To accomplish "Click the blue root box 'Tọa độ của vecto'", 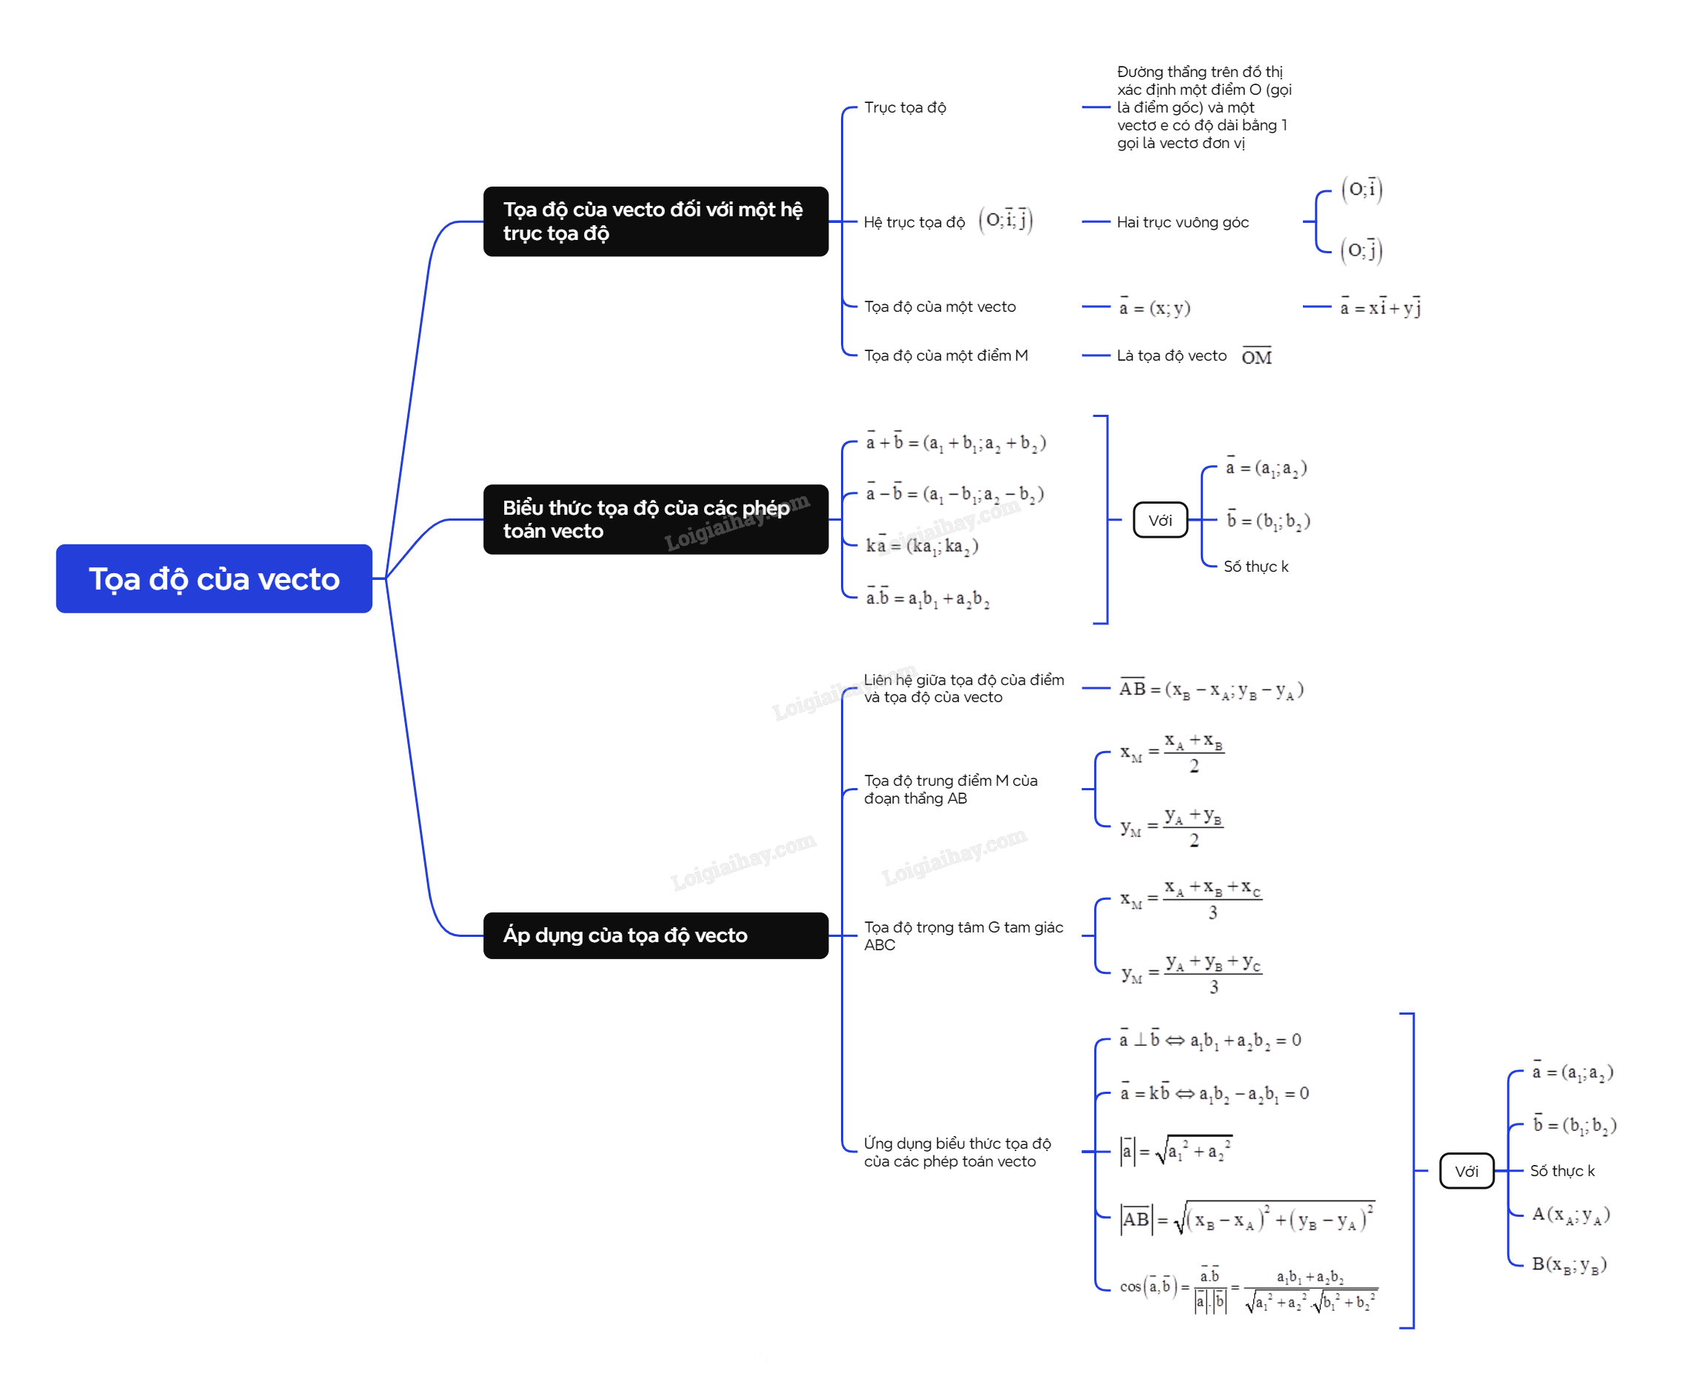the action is [214, 578].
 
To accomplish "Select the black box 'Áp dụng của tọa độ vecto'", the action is [656, 935].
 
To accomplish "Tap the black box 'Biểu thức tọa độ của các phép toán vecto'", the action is [656, 519].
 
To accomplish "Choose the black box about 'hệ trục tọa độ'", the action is [656, 221].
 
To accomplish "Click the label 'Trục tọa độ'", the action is [905, 107].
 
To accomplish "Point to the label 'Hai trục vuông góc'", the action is [1183, 221].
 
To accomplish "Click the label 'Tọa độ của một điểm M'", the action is [946, 355].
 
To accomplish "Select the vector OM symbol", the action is [1257, 356].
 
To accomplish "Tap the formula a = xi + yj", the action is [1381, 307].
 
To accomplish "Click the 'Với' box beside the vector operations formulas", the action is [1160, 520].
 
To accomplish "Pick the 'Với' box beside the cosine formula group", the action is [1467, 1170].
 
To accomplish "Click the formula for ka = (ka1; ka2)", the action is [922, 546].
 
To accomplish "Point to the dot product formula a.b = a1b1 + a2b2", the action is [928, 598].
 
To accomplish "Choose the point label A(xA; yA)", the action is [1570, 1214].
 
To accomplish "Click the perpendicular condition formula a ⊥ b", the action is [1210, 1040].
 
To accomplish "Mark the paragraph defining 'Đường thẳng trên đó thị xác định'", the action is [1204, 107].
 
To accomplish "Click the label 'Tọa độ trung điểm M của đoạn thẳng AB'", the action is [951, 789].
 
